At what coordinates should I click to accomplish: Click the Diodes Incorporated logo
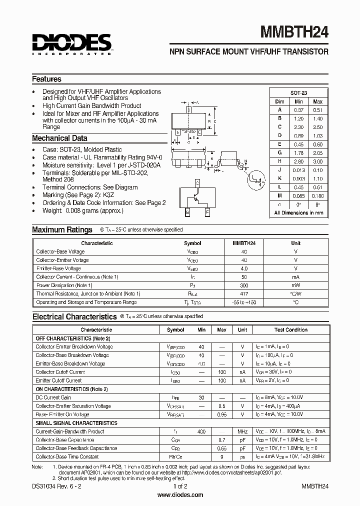[x=71, y=43]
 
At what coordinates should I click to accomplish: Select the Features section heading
[x=46, y=79]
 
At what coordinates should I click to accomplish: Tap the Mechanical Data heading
[x=59, y=138]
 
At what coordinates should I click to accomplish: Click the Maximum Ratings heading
[x=62, y=229]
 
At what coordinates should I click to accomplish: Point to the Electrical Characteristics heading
[x=74, y=316]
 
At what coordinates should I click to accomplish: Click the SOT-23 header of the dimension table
[x=298, y=93]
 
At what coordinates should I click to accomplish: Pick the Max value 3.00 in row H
[x=317, y=161]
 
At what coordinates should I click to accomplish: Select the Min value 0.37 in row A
[x=298, y=110]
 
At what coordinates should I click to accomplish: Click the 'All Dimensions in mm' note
[x=298, y=213]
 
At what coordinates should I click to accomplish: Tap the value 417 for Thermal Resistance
[x=244, y=293]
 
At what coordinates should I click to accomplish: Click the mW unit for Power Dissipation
[x=295, y=285]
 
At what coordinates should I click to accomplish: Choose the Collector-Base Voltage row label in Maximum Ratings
[x=60, y=251]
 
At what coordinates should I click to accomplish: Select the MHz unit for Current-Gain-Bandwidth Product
[x=242, y=431]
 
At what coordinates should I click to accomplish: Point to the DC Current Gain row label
[x=53, y=397]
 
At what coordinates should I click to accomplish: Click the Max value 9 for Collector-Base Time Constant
[x=221, y=456]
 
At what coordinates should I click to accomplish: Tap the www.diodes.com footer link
[x=180, y=495]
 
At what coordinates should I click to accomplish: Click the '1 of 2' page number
[x=180, y=486]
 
